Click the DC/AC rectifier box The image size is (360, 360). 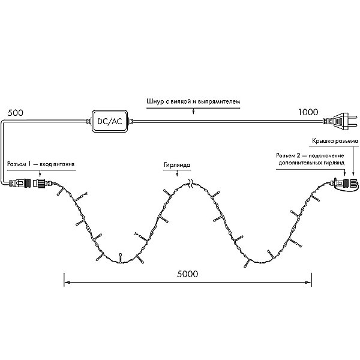[110, 121]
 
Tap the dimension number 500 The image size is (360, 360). [16, 113]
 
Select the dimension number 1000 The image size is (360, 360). [308, 112]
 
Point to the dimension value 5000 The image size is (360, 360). [187, 274]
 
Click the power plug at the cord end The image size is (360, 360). [340, 121]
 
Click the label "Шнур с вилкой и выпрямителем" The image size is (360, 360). [193, 101]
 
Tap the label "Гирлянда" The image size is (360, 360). [177, 165]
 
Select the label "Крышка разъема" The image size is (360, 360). [335, 141]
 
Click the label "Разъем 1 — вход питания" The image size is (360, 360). [41, 164]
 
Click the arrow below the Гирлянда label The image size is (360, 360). [177, 173]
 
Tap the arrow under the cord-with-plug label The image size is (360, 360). [193, 111]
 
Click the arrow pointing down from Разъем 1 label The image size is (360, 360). [40, 173]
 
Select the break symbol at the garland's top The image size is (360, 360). [191, 184]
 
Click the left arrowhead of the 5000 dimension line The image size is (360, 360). [67, 283]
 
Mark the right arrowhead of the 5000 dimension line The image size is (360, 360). [308, 283]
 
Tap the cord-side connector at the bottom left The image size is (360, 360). [20, 184]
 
